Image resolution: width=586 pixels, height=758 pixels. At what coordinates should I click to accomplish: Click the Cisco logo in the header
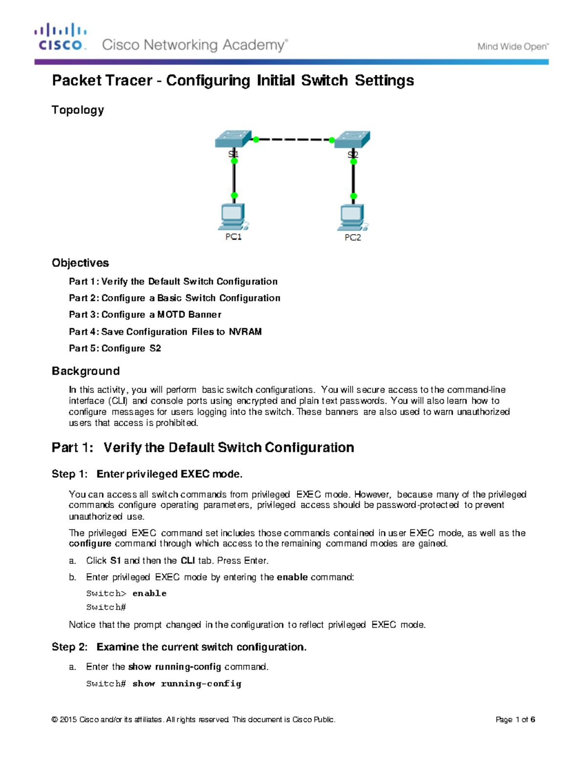(x=60, y=37)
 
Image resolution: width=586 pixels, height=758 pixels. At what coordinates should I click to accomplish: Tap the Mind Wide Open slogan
(x=513, y=47)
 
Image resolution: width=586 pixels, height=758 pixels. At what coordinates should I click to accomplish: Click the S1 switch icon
(x=233, y=139)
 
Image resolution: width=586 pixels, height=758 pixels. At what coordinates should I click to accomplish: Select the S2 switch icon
(x=352, y=139)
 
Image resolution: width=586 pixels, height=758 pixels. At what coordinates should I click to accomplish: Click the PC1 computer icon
(x=233, y=217)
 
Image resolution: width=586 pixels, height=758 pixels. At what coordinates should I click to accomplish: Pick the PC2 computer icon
(x=352, y=218)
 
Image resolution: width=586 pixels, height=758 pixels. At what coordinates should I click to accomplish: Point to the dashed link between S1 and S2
(x=293, y=140)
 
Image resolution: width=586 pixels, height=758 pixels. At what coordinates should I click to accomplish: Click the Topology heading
(x=78, y=110)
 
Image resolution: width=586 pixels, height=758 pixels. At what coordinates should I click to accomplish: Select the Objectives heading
(x=80, y=263)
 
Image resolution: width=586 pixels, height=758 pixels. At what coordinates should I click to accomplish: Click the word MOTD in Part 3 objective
(x=171, y=315)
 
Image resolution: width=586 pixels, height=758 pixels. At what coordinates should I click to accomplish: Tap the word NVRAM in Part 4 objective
(x=245, y=332)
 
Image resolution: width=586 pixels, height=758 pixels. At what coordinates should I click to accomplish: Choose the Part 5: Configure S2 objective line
(x=115, y=348)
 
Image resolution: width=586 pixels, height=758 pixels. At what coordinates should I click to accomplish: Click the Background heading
(x=85, y=371)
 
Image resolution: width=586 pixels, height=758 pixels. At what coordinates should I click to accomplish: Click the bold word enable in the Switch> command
(x=149, y=594)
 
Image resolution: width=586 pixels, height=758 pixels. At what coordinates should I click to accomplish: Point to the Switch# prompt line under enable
(x=106, y=607)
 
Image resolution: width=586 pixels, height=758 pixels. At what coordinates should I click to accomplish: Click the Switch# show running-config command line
(x=164, y=684)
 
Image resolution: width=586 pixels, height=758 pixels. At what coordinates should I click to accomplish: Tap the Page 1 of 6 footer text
(x=515, y=719)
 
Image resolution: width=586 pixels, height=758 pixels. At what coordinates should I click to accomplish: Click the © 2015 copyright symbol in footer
(x=55, y=719)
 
